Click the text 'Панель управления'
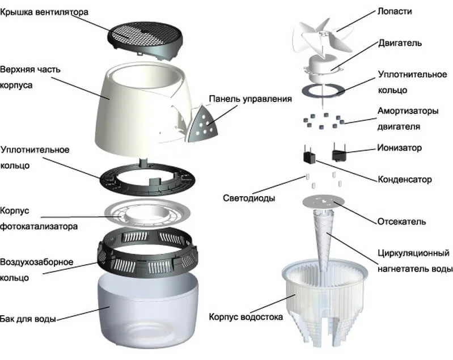(250, 99)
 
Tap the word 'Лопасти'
(393, 11)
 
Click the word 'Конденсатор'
(404, 180)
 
